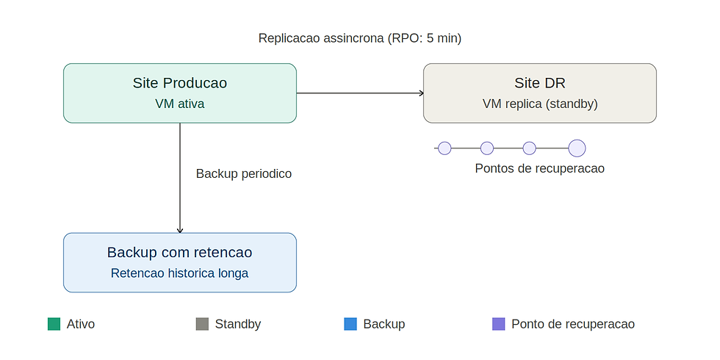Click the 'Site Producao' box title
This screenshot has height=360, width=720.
pyautogui.click(x=179, y=83)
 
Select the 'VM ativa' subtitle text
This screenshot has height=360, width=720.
pyautogui.click(x=179, y=104)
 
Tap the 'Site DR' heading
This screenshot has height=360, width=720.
pyautogui.click(x=539, y=83)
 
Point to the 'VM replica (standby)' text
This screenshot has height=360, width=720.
pyautogui.click(x=540, y=104)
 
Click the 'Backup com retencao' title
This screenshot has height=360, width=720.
pyautogui.click(x=179, y=253)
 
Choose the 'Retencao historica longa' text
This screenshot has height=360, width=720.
pyautogui.click(x=179, y=273)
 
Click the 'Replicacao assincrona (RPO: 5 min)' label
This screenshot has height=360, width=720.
pyautogui.click(x=359, y=38)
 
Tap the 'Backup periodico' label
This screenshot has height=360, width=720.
pyautogui.click(x=244, y=173)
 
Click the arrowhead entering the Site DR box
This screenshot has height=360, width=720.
pyautogui.click(x=421, y=93)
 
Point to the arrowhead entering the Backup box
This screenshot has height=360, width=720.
pyautogui.click(x=180, y=231)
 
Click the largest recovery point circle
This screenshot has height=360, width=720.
pyautogui.click(x=577, y=148)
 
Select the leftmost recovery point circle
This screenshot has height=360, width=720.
pyautogui.click(x=444, y=148)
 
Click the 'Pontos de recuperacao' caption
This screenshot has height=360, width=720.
pyautogui.click(x=539, y=168)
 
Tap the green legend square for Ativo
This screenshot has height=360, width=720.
pyautogui.click(x=54, y=324)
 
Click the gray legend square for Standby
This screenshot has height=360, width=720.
pyautogui.click(x=202, y=324)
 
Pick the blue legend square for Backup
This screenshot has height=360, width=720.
pyautogui.click(x=350, y=324)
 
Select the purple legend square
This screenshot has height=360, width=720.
pyautogui.click(x=498, y=324)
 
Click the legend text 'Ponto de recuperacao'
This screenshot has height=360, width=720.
pyautogui.click(x=573, y=324)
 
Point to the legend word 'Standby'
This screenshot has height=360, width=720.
pyautogui.click(x=238, y=324)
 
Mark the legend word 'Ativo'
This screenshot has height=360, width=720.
pyautogui.click(x=81, y=324)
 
